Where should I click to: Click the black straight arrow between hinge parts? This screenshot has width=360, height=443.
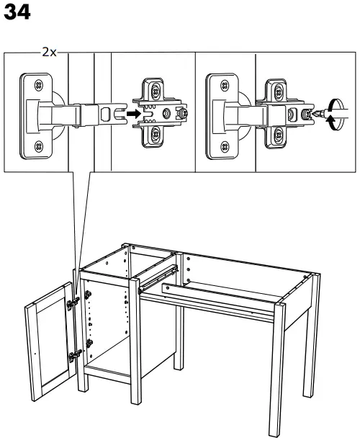pos(130,113)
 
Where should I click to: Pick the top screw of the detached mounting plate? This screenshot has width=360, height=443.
pos(154,90)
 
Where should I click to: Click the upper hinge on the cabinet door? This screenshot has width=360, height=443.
pos(72,305)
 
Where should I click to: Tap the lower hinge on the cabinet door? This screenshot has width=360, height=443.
pos(74,354)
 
